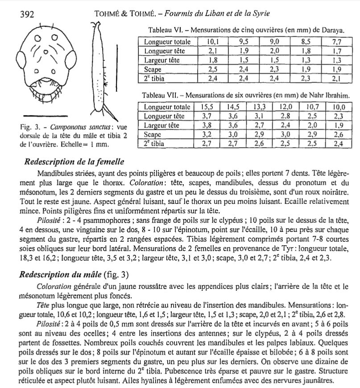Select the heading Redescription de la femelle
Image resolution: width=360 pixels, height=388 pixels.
click(x=74, y=162)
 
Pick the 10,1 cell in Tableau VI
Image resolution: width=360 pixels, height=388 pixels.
click(x=212, y=42)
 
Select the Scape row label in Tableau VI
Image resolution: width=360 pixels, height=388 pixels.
click(x=153, y=70)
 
